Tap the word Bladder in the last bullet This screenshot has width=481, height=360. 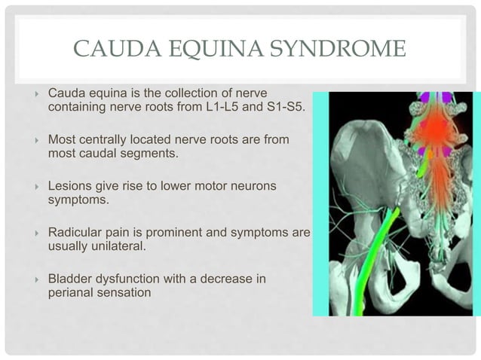tap(68, 279)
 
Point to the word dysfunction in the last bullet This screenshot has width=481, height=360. tap(128, 279)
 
